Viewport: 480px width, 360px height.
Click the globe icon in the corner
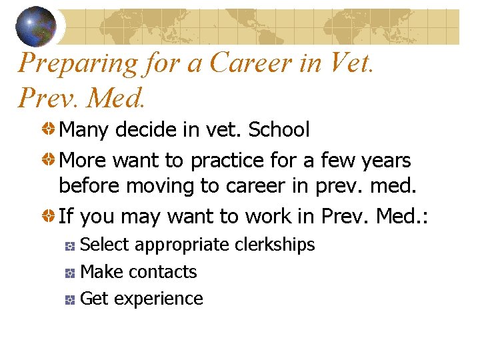36,25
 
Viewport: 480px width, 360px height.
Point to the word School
279,129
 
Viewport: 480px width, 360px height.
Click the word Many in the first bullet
85,129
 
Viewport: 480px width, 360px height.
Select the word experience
159,299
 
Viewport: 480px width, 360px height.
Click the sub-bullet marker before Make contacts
69,273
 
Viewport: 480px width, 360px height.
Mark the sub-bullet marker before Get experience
69,300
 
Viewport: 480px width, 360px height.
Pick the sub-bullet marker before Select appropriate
69,246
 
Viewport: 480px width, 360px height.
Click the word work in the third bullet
273,216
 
